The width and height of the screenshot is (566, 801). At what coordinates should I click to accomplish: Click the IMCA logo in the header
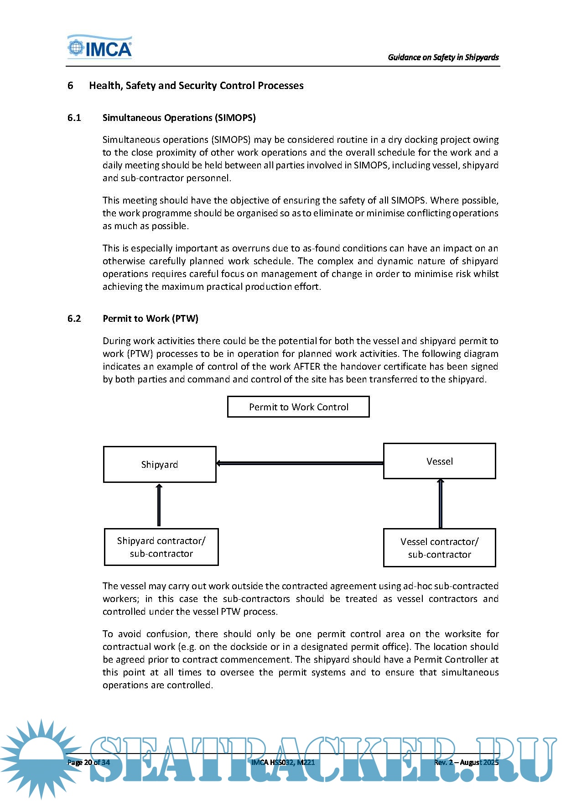point(100,47)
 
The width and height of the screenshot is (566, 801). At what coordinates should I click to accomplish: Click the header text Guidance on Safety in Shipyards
point(443,57)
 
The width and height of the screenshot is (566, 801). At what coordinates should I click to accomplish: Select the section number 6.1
point(74,118)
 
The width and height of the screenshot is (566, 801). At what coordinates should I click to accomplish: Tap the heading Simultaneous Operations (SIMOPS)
point(179,118)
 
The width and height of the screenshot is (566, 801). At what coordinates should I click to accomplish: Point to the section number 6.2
point(74,319)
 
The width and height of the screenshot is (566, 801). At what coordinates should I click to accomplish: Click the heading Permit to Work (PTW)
point(151,319)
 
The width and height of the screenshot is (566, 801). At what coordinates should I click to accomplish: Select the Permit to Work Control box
point(298,407)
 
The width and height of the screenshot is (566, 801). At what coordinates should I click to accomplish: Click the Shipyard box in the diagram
point(160,464)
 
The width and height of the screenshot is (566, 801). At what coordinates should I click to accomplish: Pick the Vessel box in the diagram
point(439,461)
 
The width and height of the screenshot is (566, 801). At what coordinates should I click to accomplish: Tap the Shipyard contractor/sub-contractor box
point(161,547)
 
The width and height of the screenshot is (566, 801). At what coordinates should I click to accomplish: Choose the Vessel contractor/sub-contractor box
point(439,548)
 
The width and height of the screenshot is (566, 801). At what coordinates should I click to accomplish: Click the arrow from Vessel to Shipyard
point(299,463)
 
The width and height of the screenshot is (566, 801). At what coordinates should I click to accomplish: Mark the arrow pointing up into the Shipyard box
point(159,505)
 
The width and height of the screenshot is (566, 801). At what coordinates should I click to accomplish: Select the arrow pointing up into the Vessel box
point(440,503)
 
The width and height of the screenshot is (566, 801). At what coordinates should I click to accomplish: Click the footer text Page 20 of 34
point(88,762)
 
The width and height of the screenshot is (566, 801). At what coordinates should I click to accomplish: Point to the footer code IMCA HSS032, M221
point(283,762)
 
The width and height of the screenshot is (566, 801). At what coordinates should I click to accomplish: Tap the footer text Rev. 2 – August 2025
point(466,762)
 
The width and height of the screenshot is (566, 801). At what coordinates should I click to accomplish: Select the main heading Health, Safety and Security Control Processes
point(196,86)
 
